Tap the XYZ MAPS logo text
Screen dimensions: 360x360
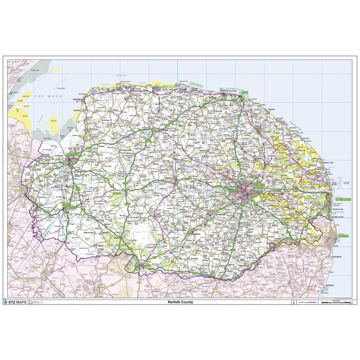[x=19, y=302]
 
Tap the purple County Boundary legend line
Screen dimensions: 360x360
[x=308, y=302]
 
